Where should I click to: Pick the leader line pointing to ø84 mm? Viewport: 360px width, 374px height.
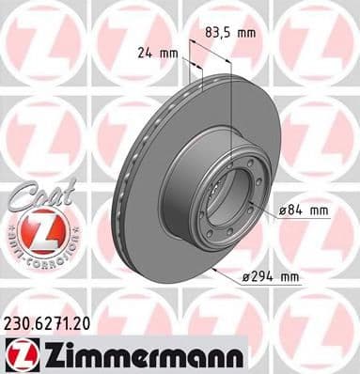[x=269, y=212]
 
